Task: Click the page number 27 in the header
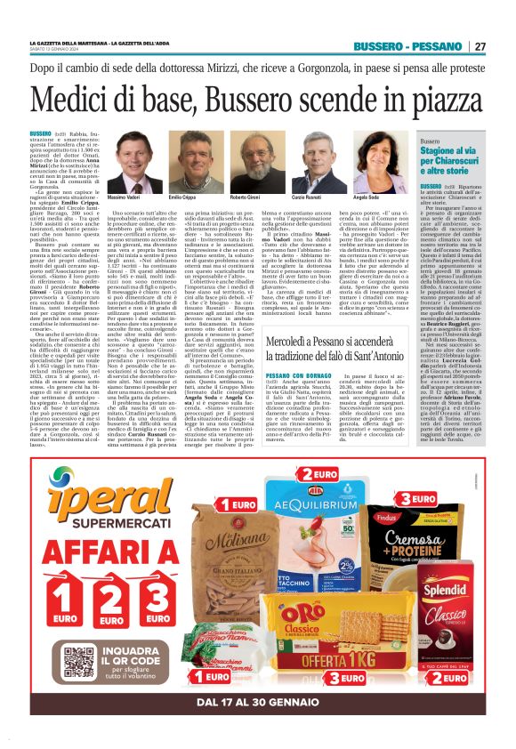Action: (480, 45)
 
